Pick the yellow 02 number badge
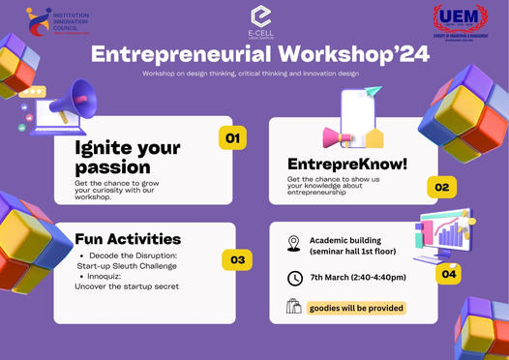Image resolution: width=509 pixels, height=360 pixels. click(x=441, y=187)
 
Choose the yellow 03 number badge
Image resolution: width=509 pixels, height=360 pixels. click(x=237, y=259)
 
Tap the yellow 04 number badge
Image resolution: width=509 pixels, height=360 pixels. click(x=448, y=274)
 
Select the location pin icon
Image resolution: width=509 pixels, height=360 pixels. click(x=294, y=243)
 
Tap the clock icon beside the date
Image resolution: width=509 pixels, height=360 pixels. click(x=294, y=278)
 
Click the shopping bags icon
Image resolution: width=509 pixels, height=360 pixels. click(x=294, y=307)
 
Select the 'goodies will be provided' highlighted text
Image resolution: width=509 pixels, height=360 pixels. click(x=355, y=308)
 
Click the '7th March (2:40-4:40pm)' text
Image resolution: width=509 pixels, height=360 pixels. click(x=357, y=278)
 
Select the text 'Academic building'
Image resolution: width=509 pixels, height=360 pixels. click(x=348, y=238)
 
